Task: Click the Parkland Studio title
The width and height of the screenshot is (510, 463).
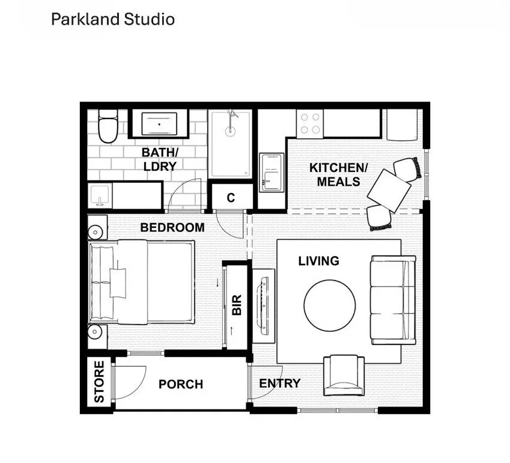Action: pos(112,19)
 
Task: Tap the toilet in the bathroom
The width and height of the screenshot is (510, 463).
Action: pos(109,127)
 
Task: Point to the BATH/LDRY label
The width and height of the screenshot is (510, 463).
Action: pos(160,159)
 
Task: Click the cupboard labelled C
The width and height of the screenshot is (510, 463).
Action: pos(231,198)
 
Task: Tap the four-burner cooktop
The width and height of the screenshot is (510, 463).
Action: pos(311,123)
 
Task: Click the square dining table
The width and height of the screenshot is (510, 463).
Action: pos(389,190)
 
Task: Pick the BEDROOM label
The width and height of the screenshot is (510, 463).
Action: pos(172,228)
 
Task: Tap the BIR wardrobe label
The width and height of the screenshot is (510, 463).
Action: pos(237,305)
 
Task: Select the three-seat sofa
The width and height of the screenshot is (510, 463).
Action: pos(392,299)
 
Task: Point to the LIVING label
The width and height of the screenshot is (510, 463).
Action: pos(318,261)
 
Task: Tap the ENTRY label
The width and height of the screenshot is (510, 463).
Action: pos(279,384)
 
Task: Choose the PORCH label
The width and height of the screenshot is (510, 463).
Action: pos(181,384)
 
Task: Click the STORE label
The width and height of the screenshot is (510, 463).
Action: pos(99,381)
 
